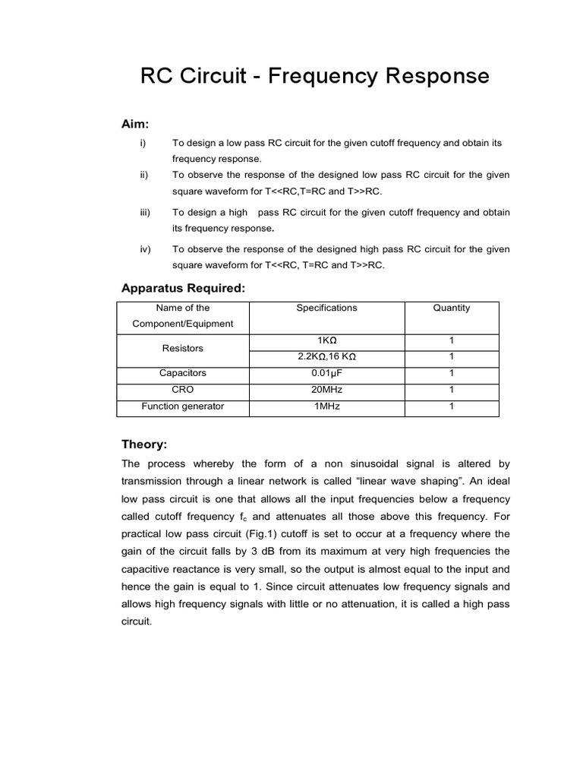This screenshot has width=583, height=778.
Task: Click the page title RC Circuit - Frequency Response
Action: coord(315,77)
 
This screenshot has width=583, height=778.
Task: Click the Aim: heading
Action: coord(136,123)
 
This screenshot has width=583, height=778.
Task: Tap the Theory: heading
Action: coord(144,444)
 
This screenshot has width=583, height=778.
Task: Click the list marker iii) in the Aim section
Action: coord(145,213)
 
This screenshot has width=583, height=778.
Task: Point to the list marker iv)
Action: coord(145,249)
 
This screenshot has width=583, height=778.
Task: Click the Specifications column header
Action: coord(326,308)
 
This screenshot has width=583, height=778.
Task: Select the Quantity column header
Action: coord(451,308)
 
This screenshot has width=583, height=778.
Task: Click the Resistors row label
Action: coord(183,348)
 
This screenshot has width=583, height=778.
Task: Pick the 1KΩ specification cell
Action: coord(326,341)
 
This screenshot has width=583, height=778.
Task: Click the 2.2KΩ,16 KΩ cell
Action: coord(326,356)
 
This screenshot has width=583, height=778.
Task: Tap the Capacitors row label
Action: coord(183,373)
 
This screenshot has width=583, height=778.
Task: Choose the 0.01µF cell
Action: coord(326,373)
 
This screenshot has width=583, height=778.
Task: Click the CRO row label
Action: coord(183,390)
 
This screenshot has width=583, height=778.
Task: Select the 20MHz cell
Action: coord(326,390)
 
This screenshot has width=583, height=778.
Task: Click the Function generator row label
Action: coord(183,406)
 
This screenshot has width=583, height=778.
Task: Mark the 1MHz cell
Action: coord(326,406)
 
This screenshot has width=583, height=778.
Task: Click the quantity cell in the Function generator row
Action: coord(451,406)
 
